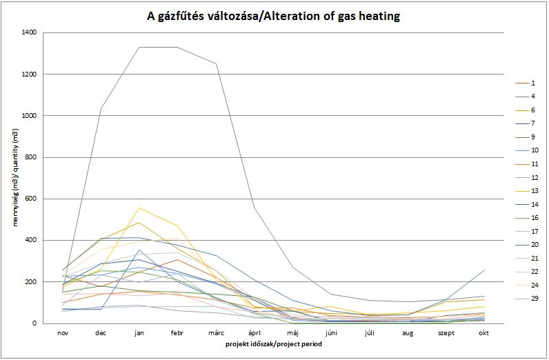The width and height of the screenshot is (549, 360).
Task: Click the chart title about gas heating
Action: point(274,15)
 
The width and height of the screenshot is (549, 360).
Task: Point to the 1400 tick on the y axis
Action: point(29,32)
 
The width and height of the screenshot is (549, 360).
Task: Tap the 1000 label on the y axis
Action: point(29,116)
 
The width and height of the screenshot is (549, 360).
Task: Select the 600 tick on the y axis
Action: point(31,199)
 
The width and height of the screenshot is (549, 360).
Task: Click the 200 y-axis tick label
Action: point(31,282)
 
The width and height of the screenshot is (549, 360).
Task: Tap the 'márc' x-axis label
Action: point(217,332)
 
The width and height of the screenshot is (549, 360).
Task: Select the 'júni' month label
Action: point(332,332)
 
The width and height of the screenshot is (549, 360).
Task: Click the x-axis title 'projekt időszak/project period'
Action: point(274,343)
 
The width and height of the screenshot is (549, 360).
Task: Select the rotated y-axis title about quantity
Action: point(12,178)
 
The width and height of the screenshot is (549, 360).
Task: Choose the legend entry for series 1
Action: point(533,83)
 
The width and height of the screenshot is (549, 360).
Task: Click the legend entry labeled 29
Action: point(535,299)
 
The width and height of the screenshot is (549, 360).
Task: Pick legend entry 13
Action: point(535,191)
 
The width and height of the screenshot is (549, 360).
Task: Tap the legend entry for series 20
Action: point(535,245)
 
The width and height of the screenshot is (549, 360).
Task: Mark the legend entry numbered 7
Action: point(533,123)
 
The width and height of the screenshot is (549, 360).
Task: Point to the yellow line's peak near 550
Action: point(140,208)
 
